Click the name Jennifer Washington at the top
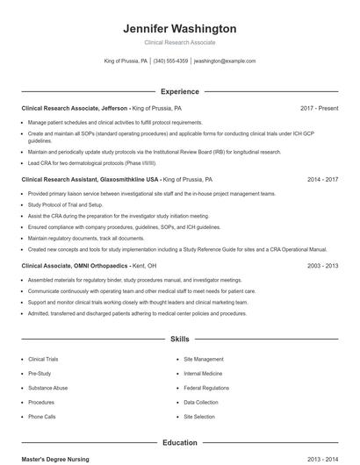point(180,28)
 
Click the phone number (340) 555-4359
point(170,61)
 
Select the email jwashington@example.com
point(225,61)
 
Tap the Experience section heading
point(180,91)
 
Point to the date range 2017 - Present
point(319,108)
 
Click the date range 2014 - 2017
point(322,179)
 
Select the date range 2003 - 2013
point(322,265)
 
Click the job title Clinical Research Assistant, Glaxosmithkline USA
point(90,179)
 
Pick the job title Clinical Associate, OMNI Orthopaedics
point(75,265)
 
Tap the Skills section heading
point(180,338)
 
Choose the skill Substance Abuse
point(47,388)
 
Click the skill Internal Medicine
point(203,374)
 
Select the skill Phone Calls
point(41,417)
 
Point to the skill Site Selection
point(199,417)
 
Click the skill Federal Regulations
point(206,388)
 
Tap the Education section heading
point(180,443)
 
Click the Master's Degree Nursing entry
point(55,459)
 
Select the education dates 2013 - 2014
point(322,459)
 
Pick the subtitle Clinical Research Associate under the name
point(180,42)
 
